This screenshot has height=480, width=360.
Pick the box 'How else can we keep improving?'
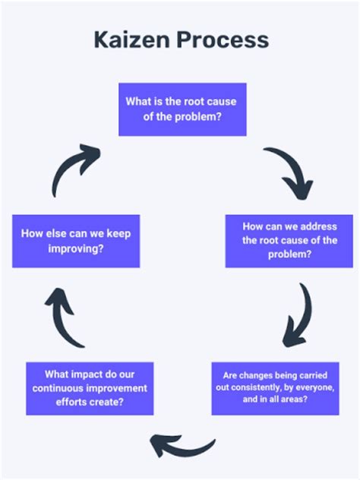pos(76,241)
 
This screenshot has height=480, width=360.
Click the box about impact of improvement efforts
pos(90,388)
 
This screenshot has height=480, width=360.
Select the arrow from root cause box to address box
pos(291,172)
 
